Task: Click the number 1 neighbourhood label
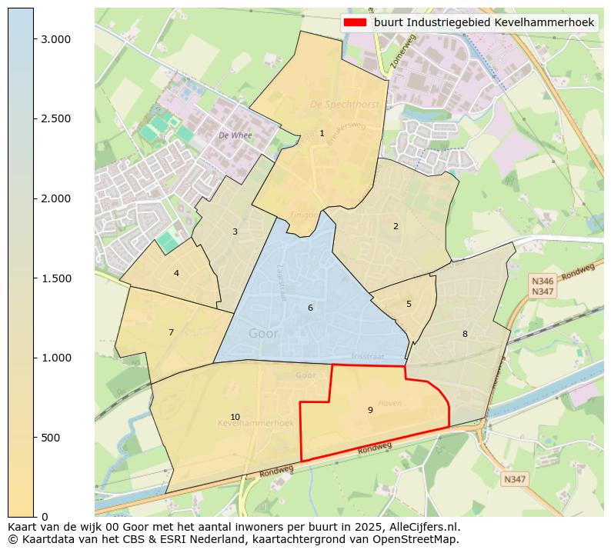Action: click(322, 134)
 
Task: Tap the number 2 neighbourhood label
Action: click(396, 226)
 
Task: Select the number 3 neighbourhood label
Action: click(235, 232)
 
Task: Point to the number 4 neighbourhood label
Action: click(176, 273)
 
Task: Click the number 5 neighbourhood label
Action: click(409, 304)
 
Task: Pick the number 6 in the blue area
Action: click(310, 308)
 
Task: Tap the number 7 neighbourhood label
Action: click(171, 332)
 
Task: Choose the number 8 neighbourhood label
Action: click(465, 334)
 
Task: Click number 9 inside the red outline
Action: click(370, 410)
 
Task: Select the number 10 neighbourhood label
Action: click(235, 417)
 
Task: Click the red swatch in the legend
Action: click(355, 23)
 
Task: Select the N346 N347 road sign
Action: click(543, 287)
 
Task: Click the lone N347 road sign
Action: click(514, 479)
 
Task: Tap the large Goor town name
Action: click(264, 334)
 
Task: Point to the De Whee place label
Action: click(235, 135)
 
